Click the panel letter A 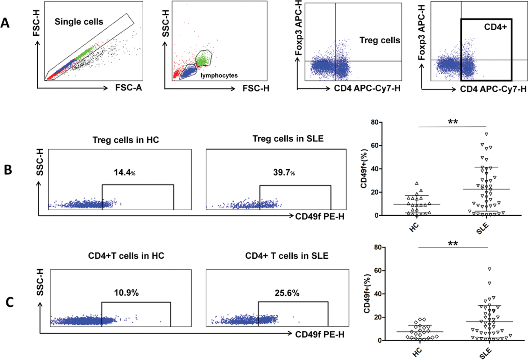click(5, 23)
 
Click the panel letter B click(8, 169)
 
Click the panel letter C click(10, 302)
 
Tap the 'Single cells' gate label click(79, 22)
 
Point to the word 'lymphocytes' click(219, 76)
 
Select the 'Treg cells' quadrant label click(380, 40)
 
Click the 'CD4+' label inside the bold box click(495, 27)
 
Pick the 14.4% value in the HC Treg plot click(125, 173)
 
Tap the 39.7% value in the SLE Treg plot click(284, 173)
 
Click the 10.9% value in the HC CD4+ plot click(126, 293)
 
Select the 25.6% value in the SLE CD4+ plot click(287, 293)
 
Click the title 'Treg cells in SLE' click(288, 139)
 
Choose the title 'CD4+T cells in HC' click(126, 256)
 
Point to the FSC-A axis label click(128, 88)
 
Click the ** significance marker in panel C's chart click(453, 244)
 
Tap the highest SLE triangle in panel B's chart click(486, 134)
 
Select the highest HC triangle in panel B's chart click(417, 183)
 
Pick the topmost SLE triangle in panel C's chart click(489, 269)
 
